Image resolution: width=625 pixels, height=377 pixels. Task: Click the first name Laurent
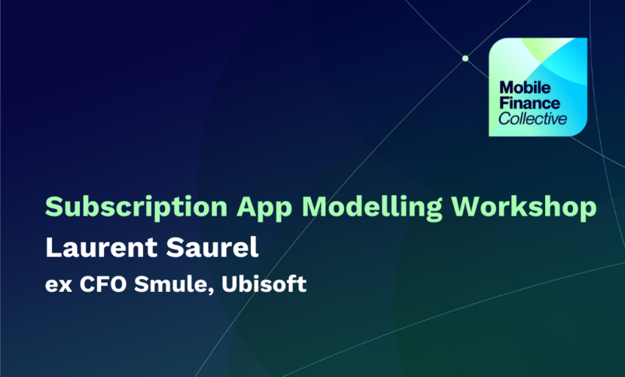pos(102,247)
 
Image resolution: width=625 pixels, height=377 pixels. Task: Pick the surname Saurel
pos(212,247)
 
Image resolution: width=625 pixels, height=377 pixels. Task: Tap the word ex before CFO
pos(59,285)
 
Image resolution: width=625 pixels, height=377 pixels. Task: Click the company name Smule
pos(171,284)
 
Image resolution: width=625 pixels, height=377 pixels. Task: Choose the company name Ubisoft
pos(264,284)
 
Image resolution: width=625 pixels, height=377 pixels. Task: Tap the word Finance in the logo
pos(529,103)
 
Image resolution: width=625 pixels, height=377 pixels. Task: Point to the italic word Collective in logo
pos(532,118)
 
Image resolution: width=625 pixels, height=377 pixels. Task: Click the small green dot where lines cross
pos(465,59)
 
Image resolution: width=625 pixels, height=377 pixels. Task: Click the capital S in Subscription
pos(54,207)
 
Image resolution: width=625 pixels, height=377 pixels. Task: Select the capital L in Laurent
pos(53,247)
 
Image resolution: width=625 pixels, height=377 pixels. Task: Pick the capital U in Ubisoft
pos(230,284)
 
